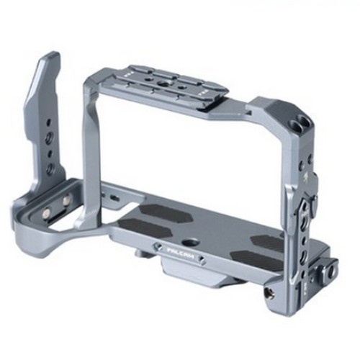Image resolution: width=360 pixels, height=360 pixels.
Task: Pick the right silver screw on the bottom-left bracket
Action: pos(67,200)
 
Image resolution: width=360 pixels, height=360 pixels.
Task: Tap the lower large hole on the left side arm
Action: pos(50,168)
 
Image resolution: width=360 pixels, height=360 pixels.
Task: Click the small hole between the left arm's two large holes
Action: pos(49,152)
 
